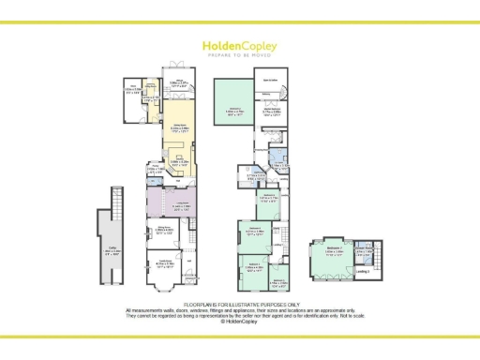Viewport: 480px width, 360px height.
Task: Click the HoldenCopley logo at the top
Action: [x=239, y=44]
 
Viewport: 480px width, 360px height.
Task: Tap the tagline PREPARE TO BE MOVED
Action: [x=239, y=54]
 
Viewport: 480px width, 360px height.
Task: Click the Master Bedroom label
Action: [x=273, y=112]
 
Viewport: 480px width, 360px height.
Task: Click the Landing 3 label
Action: [x=364, y=272]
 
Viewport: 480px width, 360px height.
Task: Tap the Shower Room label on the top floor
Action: [x=364, y=249]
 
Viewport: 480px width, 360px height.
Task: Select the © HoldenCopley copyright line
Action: [x=240, y=322]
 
